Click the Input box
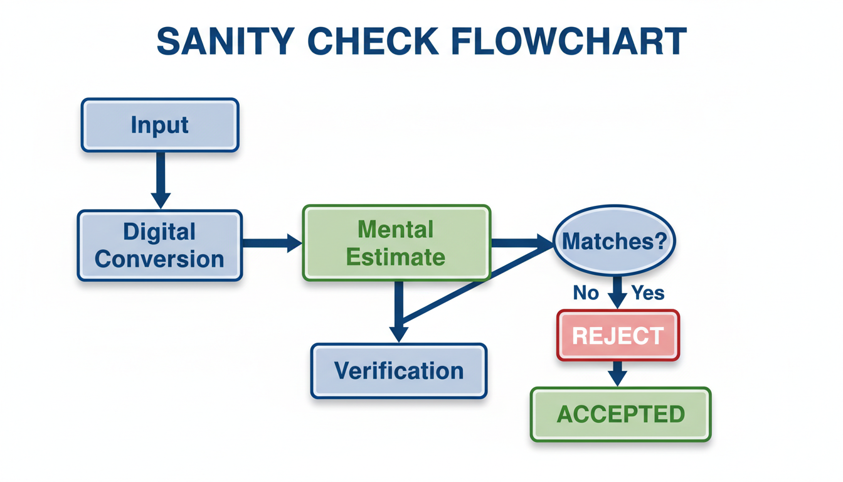coord(160,125)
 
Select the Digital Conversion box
coord(160,245)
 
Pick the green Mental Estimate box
coord(396,243)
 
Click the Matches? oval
coord(614,242)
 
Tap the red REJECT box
coord(618,336)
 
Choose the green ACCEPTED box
coord(620,414)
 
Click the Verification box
coord(399,370)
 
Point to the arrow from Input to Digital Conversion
coord(161,179)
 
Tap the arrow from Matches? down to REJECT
coord(618,292)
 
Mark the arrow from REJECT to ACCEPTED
coord(618,373)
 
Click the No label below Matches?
coord(586,292)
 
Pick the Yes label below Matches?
coord(647,292)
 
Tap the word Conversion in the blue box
coord(160,259)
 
